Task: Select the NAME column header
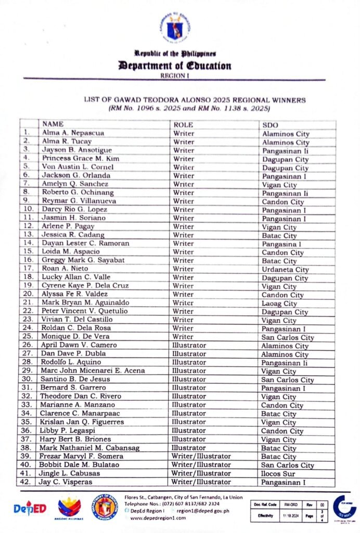[53, 124]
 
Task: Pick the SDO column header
[269, 125]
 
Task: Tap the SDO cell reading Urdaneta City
[285, 269]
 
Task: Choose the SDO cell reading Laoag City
[279, 303]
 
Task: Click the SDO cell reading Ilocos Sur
[278, 474]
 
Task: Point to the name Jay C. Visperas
[66, 482]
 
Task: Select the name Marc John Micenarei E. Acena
[93, 371]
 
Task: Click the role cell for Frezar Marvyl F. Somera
[201, 456]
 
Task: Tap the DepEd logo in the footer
[30, 508]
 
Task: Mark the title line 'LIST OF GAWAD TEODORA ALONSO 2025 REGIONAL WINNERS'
[195, 99]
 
